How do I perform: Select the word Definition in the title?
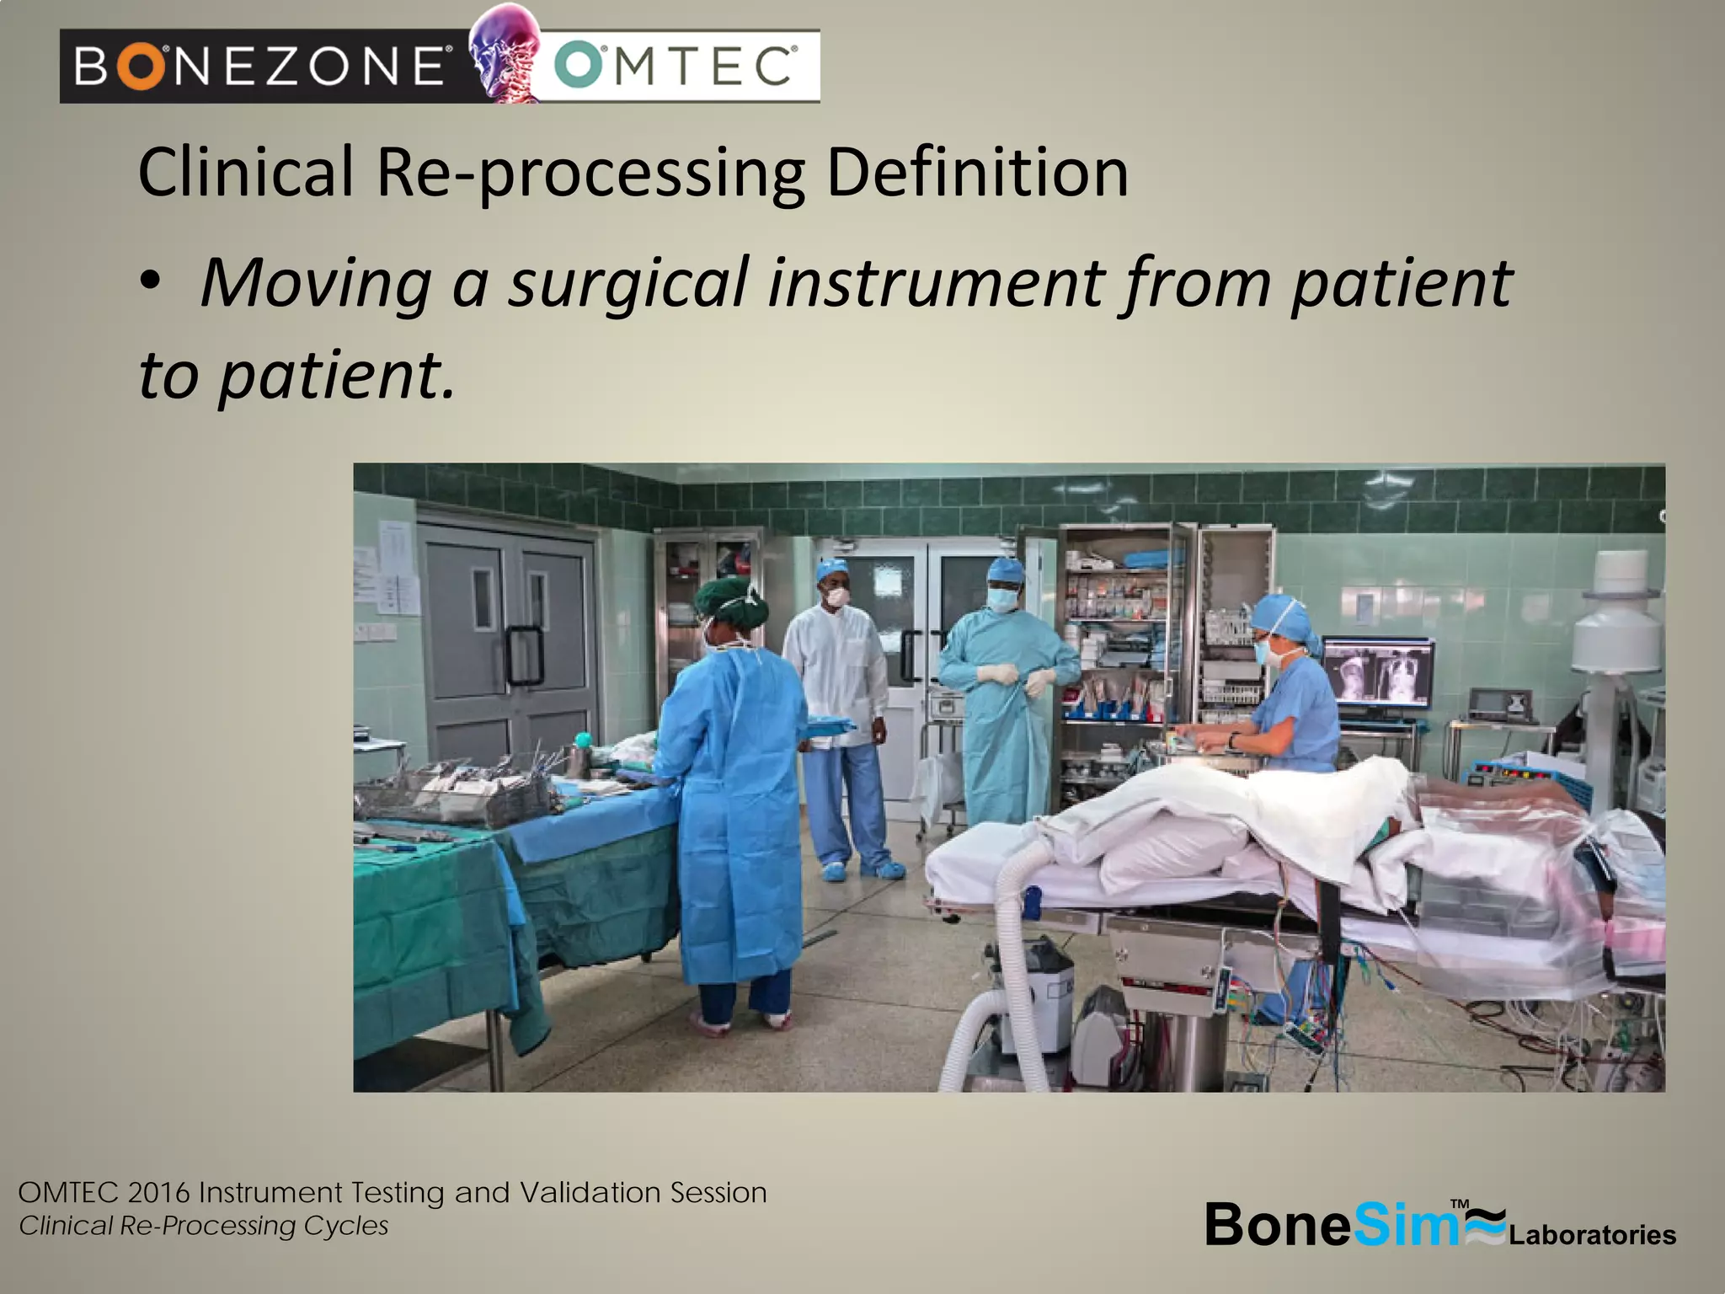pyautogui.click(x=977, y=173)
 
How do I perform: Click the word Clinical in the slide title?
pyautogui.click(x=245, y=173)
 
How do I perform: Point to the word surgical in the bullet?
pyautogui.click(x=628, y=282)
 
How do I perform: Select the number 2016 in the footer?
pyautogui.click(x=159, y=1193)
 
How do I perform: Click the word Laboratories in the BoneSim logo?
pyautogui.click(x=1592, y=1235)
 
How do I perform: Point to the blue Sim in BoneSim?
pyautogui.click(x=1405, y=1224)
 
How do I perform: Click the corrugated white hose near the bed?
pyautogui.click(x=998, y=952)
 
